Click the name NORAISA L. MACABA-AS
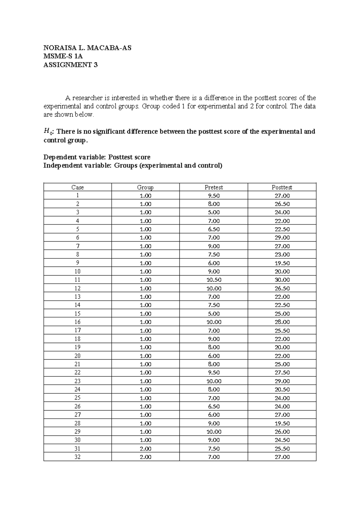(x=87, y=48)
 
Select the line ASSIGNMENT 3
(x=70, y=65)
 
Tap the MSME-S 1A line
(x=63, y=56)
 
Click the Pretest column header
(x=214, y=187)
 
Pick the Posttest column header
(x=282, y=187)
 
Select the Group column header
(x=145, y=187)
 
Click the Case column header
(x=77, y=187)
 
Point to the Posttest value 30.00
(x=282, y=280)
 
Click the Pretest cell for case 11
(x=214, y=280)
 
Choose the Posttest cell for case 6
(x=282, y=237)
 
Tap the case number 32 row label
(x=77, y=457)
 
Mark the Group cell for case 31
(x=145, y=449)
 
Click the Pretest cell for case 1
(x=214, y=196)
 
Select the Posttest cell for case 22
(x=282, y=372)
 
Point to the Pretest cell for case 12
(x=214, y=288)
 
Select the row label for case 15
(x=77, y=314)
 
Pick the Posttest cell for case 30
(x=282, y=440)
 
